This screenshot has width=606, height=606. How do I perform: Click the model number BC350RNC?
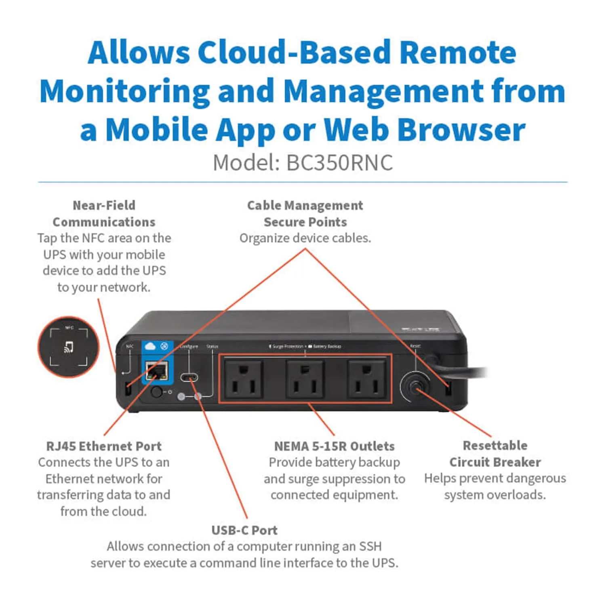[339, 163]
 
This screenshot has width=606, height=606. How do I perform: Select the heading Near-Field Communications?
[104, 214]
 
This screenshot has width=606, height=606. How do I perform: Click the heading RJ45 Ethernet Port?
[104, 446]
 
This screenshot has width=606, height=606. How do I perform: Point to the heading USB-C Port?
[244, 530]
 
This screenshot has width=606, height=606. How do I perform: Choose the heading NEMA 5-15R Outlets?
[334, 446]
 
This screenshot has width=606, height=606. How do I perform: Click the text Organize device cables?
[305, 238]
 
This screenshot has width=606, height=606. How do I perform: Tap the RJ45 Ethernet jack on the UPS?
[157, 371]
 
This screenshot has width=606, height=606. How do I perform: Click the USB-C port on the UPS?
[189, 378]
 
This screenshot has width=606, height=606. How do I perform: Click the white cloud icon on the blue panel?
[150, 346]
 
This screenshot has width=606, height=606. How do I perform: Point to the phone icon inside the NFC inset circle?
[69, 347]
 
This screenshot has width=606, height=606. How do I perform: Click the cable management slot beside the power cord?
[447, 389]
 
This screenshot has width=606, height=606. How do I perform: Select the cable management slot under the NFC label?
[128, 389]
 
